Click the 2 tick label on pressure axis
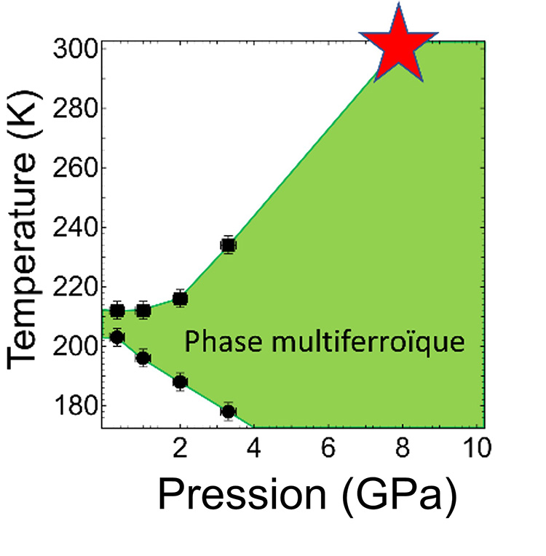click(x=180, y=449)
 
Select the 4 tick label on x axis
click(x=254, y=449)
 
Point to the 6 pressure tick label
click(x=328, y=449)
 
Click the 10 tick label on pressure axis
click(x=473, y=449)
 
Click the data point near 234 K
click(x=229, y=245)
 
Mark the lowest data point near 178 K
click(x=229, y=411)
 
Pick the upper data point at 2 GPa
click(x=180, y=298)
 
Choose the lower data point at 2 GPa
click(x=180, y=382)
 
